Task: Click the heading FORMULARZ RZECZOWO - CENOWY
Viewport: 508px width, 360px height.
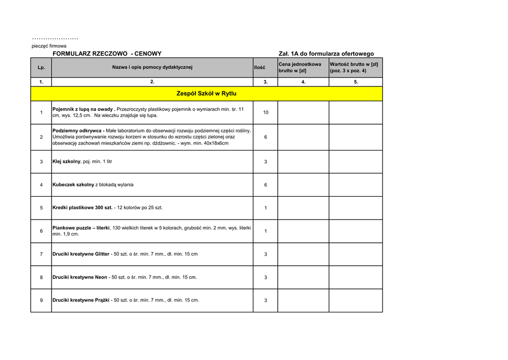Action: coord(107,54)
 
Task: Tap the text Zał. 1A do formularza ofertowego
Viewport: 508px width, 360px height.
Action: coord(326,54)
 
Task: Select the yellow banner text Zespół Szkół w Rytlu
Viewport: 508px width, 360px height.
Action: coord(206,93)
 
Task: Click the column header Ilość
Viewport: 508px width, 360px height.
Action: coord(259,68)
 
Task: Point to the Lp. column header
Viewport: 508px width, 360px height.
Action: coord(41,68)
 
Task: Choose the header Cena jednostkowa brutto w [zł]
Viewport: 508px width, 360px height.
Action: coord(300,67)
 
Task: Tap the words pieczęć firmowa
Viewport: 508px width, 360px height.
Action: coord(49,46)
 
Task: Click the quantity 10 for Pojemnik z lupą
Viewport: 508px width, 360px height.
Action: coord(265,113)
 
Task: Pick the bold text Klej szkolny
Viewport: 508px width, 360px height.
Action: coord(66,161)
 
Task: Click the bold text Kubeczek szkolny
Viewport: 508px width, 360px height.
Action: coord(73,185)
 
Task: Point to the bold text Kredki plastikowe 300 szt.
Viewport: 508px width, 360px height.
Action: coord(82,208)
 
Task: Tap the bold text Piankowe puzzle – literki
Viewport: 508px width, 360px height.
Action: coord(81,228)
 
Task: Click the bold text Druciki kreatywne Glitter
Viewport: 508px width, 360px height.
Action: coord(81,254)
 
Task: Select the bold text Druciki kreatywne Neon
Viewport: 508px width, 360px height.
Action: coord(80,277)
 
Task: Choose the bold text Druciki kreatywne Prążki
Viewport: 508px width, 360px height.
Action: coord(81,300)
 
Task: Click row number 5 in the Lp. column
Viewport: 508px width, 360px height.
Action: coord(41,208)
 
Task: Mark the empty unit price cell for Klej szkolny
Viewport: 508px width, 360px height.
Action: coord(303,162)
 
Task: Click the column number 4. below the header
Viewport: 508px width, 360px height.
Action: coord(303,82)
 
